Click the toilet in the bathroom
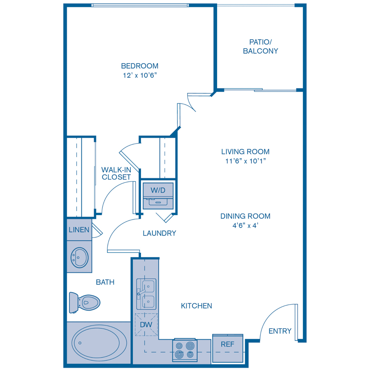point(85,302)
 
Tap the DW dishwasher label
point(146,325)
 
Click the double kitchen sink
point(146,294)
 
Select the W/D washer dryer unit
point(158,190)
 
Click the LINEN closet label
point(79,229)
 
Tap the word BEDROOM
point(139,66)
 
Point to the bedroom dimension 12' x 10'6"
point(139,76)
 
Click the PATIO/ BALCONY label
point(260,46)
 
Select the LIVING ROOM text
point(245,152)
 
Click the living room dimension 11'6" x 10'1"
point(245,161)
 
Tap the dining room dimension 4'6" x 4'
point(245,225)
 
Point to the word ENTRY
point(280,331)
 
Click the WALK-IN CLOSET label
point(116,173)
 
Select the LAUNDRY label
point(159,233)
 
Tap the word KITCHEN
point(197,305)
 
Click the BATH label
point(105,282)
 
